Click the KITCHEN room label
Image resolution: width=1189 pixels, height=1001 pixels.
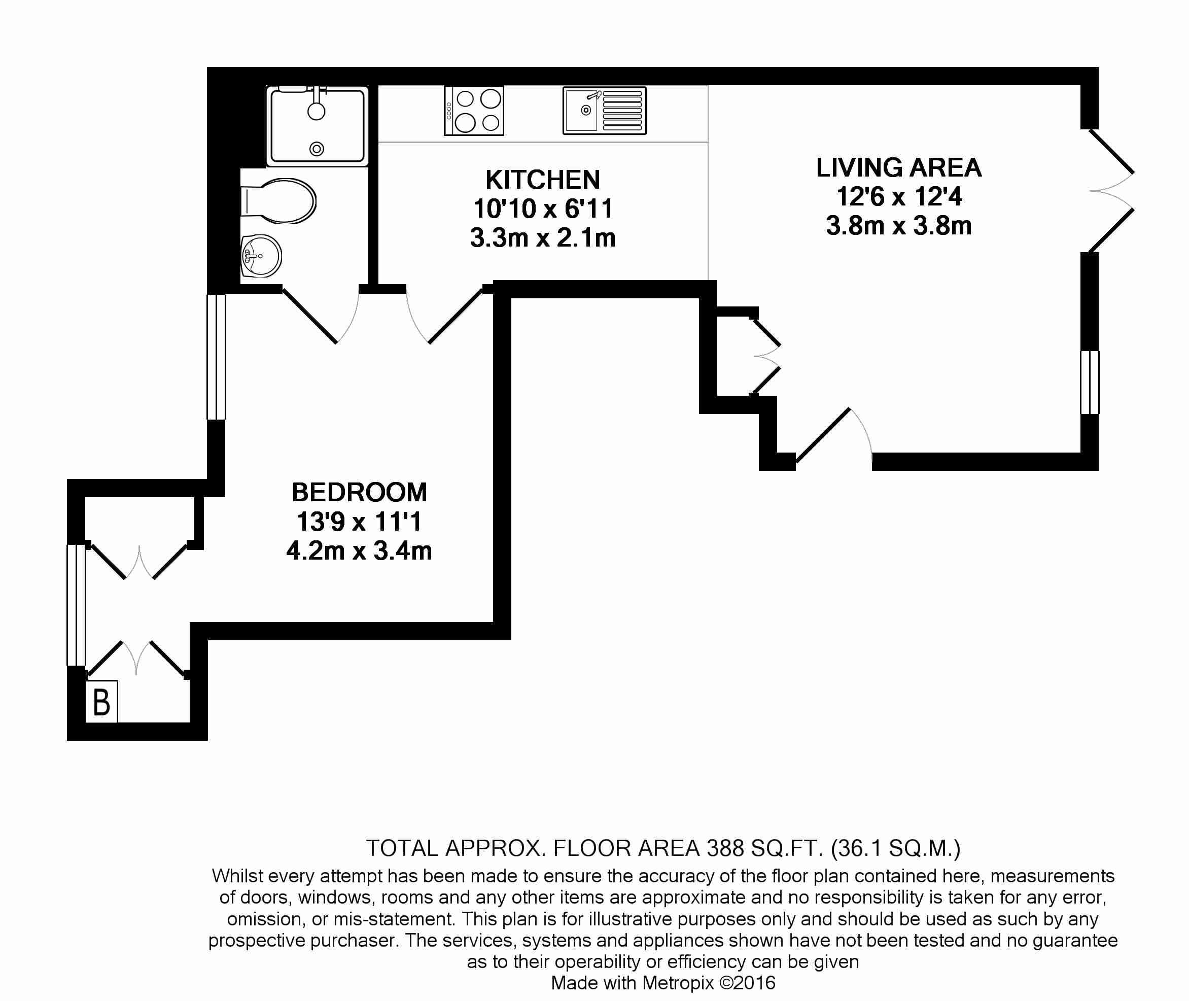(x=542, y=180)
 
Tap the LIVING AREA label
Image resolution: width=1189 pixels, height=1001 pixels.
(x=898, y=167)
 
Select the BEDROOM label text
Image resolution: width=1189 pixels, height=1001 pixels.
(x=359, y=492)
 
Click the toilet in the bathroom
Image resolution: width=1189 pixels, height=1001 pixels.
(x=278, y=201)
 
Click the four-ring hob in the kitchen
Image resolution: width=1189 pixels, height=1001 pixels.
(x=474, y=111)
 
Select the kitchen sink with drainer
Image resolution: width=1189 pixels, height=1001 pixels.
(x=604, y=111)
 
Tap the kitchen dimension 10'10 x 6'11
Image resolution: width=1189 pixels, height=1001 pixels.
(x=543, y=209)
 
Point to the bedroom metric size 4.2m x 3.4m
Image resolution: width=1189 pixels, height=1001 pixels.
(x=359, y=551)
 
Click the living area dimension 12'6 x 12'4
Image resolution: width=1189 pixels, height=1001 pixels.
(x=899, y=197)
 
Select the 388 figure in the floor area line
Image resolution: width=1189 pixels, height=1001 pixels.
(x=725, y=848)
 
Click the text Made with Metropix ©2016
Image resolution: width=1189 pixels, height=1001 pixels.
(x=663, y=982)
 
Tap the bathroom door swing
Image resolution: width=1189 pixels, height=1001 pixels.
(x=321, y=316)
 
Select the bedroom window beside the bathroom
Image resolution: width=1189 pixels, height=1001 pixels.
(x=216, y=357)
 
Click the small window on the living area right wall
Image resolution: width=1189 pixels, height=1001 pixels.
(x=1089, y=383)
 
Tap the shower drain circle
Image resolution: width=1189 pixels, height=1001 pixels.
(x=317, y=149)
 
